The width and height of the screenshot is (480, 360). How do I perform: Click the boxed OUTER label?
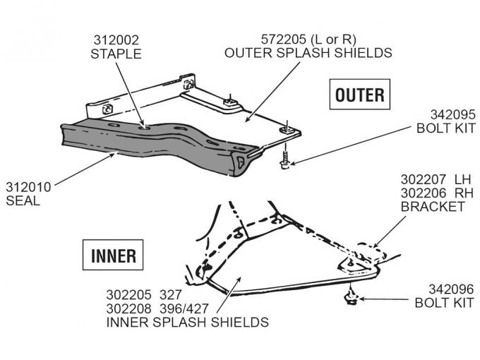359,95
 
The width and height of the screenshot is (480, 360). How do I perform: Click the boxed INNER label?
114,255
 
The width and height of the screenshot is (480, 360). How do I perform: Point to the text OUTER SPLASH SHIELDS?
308,53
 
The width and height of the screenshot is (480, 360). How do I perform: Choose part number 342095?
452,114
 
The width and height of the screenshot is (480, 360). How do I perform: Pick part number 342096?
452,289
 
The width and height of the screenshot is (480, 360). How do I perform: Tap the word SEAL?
23,200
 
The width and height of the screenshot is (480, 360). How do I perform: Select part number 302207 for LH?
425,180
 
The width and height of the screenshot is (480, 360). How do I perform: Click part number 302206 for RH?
425,193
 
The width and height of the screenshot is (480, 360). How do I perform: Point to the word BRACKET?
432,206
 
